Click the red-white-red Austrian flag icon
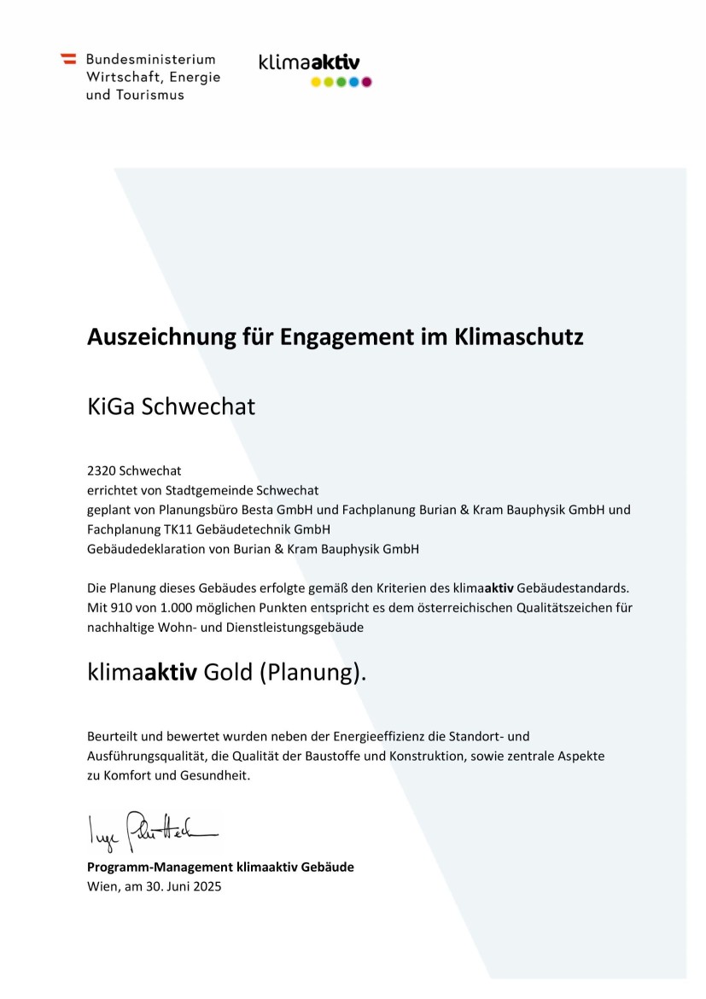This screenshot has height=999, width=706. click(68, 59)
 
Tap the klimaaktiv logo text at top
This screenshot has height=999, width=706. click(309, 62)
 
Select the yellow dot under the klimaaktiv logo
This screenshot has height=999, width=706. click(315, 82)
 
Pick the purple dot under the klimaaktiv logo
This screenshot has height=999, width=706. click(367, 82)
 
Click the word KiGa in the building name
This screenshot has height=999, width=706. click(108, 406)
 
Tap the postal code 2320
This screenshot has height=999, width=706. click(102, 470)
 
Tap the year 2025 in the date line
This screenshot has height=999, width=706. click(207, 886)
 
